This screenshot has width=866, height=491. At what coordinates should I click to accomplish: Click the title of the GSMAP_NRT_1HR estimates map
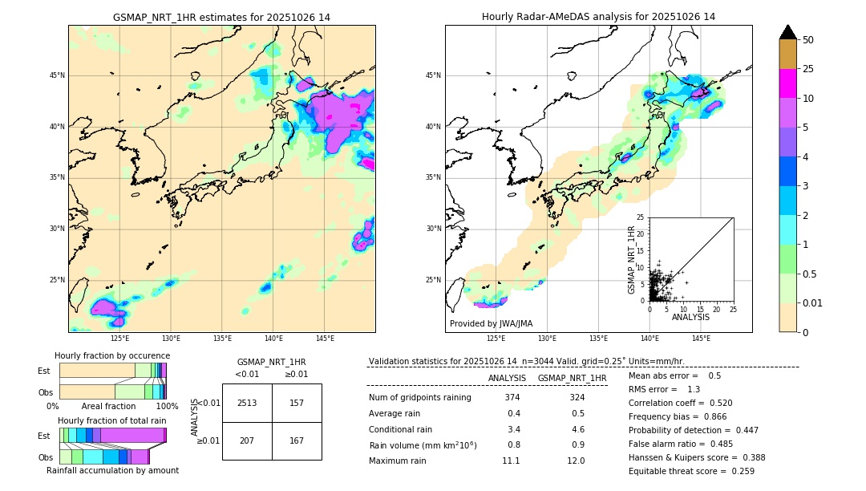(221, 17)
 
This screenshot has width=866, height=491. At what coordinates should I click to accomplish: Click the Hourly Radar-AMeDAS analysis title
(598, 17)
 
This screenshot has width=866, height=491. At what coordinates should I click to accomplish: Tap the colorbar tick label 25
(808, 69)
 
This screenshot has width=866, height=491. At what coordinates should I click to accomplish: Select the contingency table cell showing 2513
(247, 403)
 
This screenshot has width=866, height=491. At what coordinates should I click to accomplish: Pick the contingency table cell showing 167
(297, 440)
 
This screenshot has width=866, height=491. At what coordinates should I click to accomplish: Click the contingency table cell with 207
(247, 440)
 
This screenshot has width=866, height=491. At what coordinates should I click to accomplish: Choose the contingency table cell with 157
(297, 403)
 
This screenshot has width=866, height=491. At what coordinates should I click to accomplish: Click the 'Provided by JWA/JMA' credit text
(491, 324)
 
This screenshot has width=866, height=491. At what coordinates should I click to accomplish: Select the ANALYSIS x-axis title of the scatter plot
(690, 317)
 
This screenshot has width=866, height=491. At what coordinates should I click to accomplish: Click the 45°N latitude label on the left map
(57, 75)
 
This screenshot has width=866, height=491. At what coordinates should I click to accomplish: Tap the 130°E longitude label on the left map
(171, 339)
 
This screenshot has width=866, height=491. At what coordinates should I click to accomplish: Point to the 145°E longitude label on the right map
(701, 339)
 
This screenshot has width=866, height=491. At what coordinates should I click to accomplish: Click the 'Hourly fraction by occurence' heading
(112, 356)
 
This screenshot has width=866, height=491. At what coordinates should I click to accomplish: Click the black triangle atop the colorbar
(788, 32)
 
